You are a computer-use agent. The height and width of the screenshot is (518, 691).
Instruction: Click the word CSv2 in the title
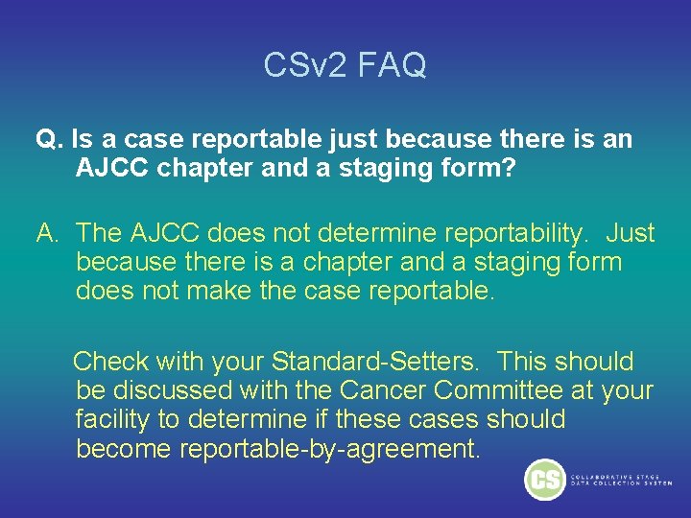[302, 65]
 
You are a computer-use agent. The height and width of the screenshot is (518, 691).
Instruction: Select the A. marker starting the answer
[49, 233]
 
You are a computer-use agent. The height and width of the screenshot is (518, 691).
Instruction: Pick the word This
[524, 362]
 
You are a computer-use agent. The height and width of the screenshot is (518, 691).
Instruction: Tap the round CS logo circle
[545, 480]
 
